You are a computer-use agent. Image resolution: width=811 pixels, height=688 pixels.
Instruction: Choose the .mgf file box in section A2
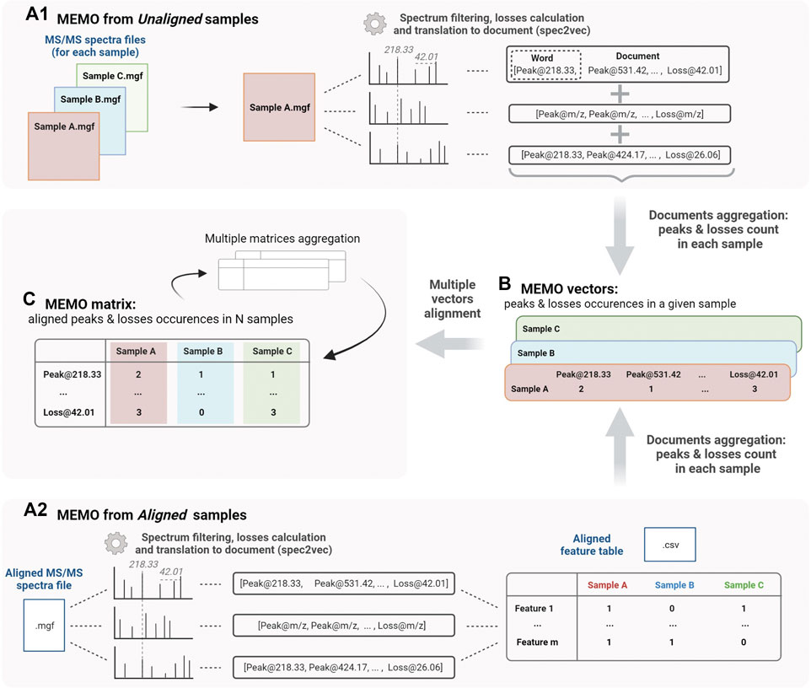(x=46, y=626)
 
